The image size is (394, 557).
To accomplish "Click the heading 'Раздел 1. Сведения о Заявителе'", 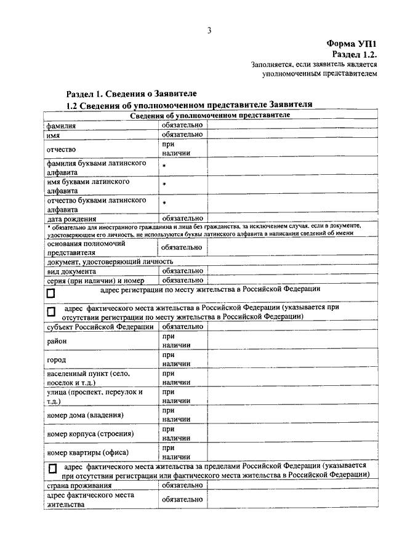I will coord(131,94).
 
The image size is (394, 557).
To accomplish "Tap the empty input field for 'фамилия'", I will coord(291,125).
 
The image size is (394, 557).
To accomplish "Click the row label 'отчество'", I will coord(60,149).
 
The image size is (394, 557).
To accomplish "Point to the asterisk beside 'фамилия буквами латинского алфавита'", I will coord(164,167).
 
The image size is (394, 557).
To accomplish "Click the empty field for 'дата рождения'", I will coord(291,218).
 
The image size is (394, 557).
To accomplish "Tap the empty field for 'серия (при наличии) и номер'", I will coord(291,280).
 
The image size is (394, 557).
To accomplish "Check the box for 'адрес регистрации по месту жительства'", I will coord(51,294).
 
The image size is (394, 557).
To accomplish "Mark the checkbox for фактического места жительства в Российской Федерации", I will coord(51,312).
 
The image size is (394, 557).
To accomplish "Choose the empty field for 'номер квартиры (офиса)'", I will coord(291,452).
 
